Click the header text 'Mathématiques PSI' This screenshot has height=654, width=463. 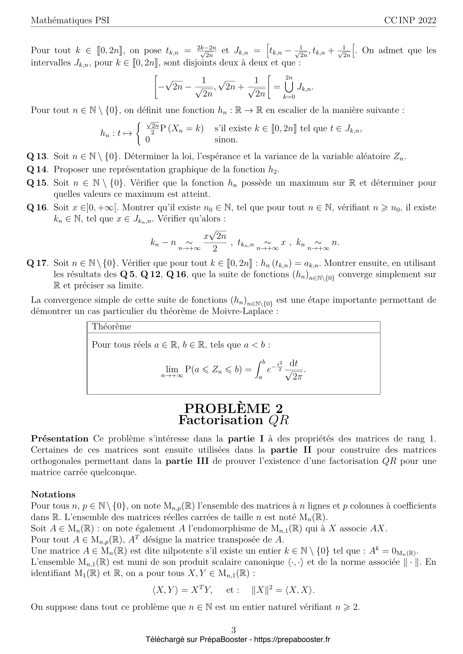tap(70, 21)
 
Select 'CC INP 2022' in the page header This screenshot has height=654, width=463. tap(410, 21)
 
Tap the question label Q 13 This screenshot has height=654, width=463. tap(36, 156)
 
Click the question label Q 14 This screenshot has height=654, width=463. tap(36, 169)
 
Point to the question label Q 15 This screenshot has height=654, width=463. tap(36, 183)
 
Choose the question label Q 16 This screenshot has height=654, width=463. tap(36, 208)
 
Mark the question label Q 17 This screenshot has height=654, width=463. tap(36, 263)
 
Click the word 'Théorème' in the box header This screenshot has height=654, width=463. tap(111, 327)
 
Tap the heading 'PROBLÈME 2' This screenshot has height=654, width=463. tap(233, 409)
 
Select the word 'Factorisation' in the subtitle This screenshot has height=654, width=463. tap(221, 421)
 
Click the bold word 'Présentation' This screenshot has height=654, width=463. tap(60, 439)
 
